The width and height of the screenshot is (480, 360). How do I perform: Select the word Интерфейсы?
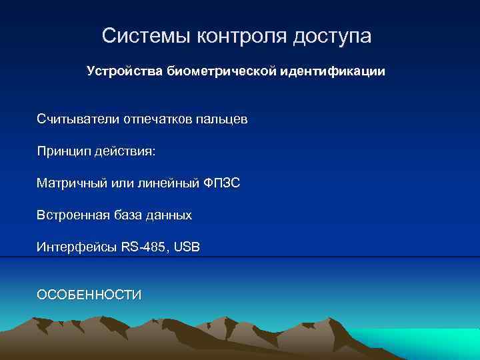click(x=77, y=247)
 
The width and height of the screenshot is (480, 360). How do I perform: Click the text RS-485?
click(x=145, y=247)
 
